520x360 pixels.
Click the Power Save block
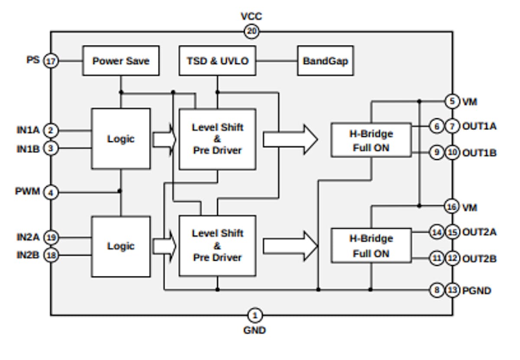[x=120, y=61]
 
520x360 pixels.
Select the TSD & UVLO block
[x=217, y=61]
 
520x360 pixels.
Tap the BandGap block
[x=325, y=61]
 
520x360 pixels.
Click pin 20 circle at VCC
[x=251, y=31]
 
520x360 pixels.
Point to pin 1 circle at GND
[x=255, y=315]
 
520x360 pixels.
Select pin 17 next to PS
[x=51, y=61]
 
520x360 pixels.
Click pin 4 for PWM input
[x=51, y=191]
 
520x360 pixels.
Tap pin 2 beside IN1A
[x=51, y=130]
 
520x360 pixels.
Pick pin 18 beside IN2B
[x=51, y=256]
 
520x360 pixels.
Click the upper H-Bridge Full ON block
[x=371, y=140]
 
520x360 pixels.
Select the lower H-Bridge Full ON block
[x=371, y=245]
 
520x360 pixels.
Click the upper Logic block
[x=121, y=139]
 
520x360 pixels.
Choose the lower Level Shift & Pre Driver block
[x=217, y=245]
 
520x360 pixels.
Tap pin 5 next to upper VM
[x=452, y=102]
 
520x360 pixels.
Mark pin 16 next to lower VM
[x=452, y=207]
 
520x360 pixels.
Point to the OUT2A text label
[x=479, y=232]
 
